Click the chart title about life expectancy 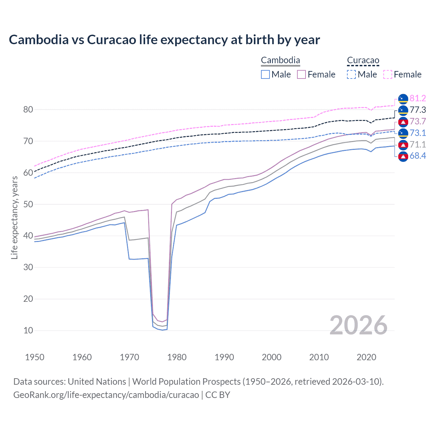(x=164, y=40)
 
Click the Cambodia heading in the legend (x=280, y=60)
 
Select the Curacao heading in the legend (x=363, y=60)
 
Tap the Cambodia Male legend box (x=265, y=74)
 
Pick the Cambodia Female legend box (x=301, y=74)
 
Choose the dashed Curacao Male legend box (x=351, y=74)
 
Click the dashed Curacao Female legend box (x=388, y=74)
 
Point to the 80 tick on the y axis (x=28, y=109)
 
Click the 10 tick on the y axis (x=28, y=330)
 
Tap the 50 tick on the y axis (x=28, y=204)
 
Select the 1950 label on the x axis (x=35, y=357)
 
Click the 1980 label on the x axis (x=177, y=357)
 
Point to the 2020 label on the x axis (x=366, y=357)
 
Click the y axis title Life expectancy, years (x=14, y=217)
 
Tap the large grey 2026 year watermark (x=358, y=325)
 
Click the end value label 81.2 (x=418, y=99)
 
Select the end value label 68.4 (x=418, y=156)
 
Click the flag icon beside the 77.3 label (x=403, y=110)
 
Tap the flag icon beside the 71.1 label (x=403, y=145)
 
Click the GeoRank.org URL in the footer (x=106, y=395)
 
